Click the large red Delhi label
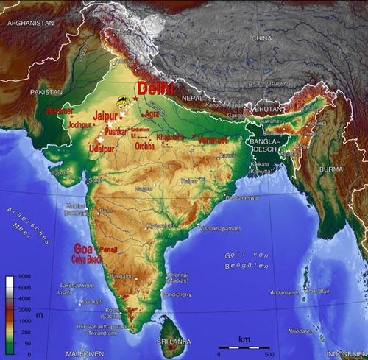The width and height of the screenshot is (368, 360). tap(155, 89)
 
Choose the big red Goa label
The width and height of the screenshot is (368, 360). tap(83, 248)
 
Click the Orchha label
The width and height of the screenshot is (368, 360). tap(145, 147)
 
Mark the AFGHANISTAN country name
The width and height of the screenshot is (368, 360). tap(30, 24)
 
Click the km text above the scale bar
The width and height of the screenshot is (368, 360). tap(244, 339)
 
